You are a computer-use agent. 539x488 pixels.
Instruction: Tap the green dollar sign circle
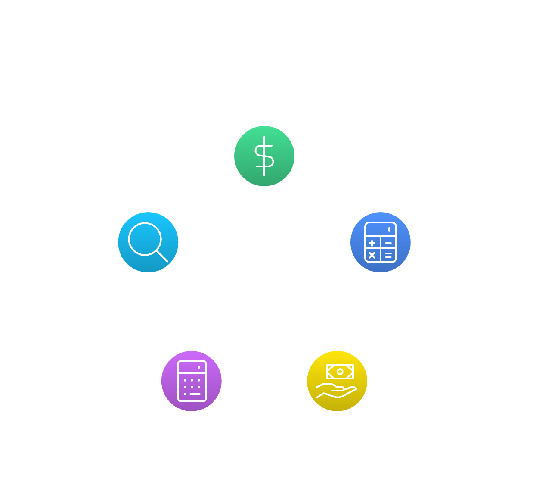point(264,156)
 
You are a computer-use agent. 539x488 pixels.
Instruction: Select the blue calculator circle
point(380,242)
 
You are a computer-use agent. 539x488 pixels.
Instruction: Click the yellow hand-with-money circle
point(337,381)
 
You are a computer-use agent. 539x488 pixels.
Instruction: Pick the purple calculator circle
point(192,381)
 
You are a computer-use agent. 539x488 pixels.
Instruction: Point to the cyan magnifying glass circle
point(148,242)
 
